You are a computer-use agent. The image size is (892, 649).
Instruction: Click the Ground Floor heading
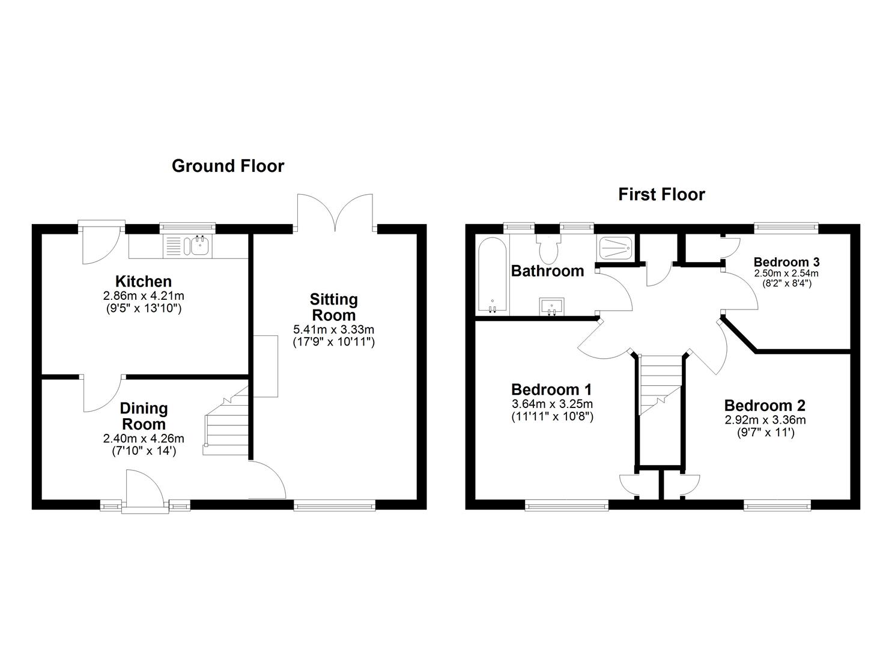click(x=228, y=166)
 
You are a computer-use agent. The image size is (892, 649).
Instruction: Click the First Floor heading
click(x=661, y=194)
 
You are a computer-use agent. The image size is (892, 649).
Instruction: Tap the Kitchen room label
click(x=144, y=281)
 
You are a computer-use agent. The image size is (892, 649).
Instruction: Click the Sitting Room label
click(x=333, y=307)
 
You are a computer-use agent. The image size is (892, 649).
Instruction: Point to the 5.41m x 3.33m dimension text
click(x=333, y=329)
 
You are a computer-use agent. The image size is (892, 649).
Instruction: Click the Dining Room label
click(x=144, y=416)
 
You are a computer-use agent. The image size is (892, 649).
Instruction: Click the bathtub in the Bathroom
click(x=492, y=274)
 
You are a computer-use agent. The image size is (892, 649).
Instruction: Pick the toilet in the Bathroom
click(x=548, y=247)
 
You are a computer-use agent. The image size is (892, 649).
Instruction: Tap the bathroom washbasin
click(x=551, y=306)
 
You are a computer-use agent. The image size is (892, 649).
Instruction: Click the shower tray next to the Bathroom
click(x=614, y=247)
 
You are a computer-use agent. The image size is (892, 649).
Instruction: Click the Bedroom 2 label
click(x=765, y=406)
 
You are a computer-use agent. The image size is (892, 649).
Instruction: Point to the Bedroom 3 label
click(x=786, y=262)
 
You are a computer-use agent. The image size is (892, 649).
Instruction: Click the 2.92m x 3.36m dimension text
click(x=765, y=420)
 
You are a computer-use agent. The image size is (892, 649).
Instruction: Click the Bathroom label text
click(x=547, y=271)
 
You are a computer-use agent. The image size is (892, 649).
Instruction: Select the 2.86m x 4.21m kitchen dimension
click(x=144, y=296)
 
